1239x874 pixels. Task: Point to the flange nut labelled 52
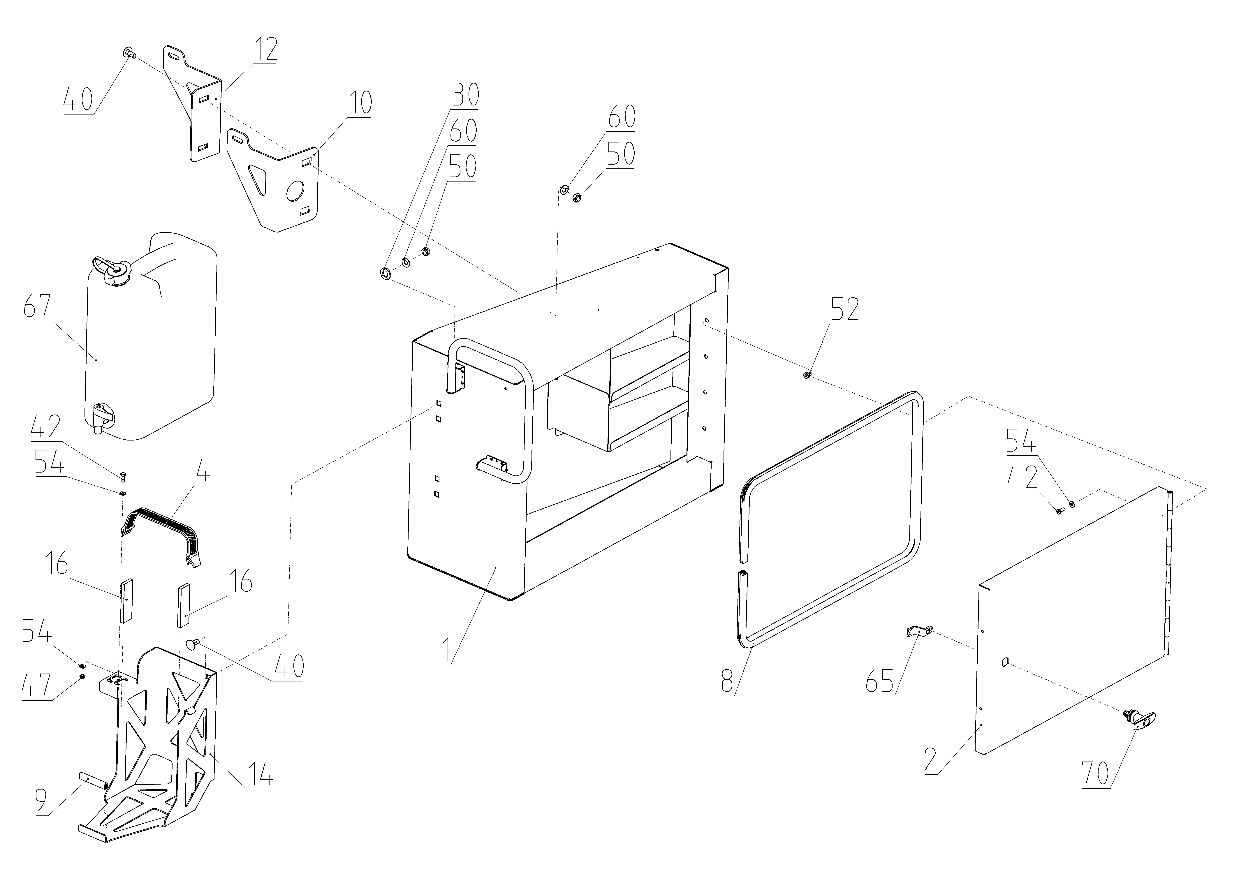807,375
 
